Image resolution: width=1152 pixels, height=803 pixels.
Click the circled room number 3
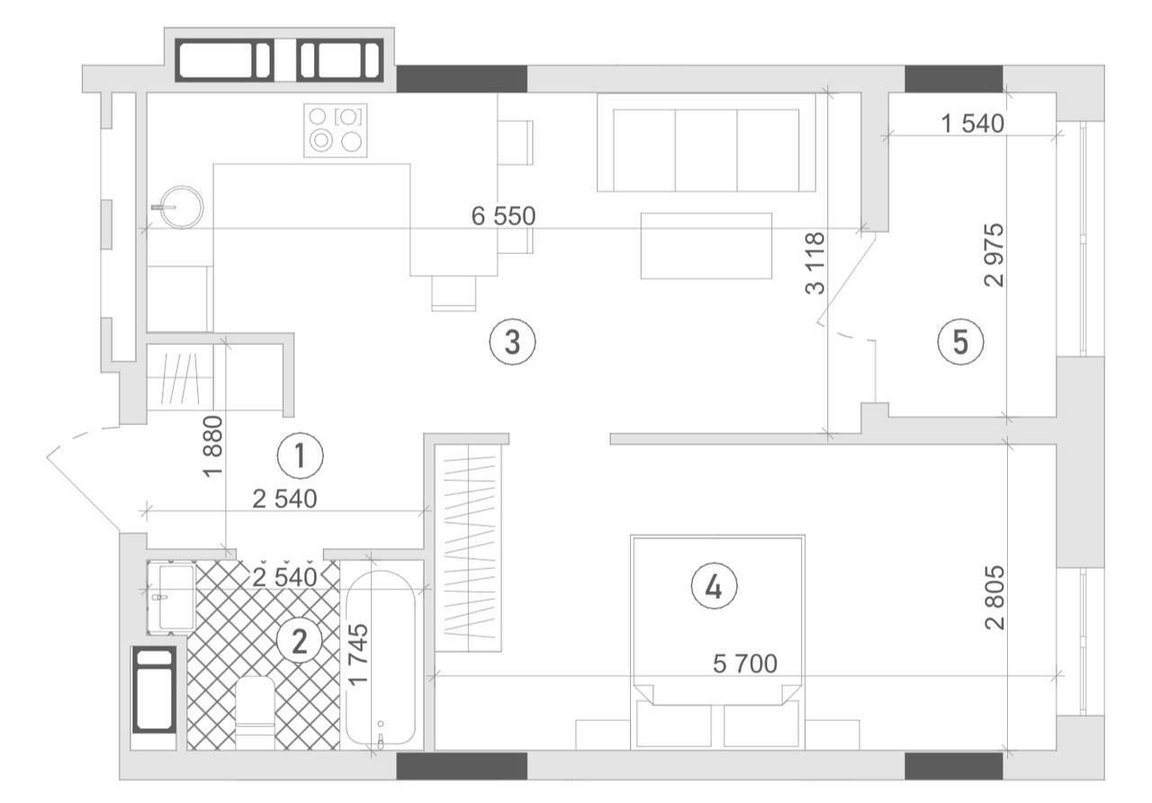click(512, 342)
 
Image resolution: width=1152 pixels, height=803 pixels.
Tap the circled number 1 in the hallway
click(300, 456)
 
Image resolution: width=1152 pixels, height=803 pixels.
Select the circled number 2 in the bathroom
click(300, 641)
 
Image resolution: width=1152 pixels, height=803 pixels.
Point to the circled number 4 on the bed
click(714, 587)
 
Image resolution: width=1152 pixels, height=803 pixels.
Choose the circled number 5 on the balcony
click(960, 342)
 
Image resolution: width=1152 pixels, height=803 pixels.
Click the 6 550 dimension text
click(503, 217)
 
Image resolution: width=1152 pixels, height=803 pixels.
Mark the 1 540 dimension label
click(973, 124)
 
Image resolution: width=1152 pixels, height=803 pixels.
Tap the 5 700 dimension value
click(745, 664)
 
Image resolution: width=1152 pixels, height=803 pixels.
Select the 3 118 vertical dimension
click(815, 264)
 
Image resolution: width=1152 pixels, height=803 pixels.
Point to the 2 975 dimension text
click(994, 255)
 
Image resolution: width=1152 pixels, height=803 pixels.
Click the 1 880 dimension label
click(213, 446)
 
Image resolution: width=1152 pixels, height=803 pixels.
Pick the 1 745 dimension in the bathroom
click(358, 654)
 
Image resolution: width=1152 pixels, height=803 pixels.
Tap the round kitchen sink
click(181, 207)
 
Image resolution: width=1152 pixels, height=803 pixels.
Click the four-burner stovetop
click(336, 131)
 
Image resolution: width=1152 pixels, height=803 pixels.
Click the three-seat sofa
click(706, 142)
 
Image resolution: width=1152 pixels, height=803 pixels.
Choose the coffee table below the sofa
click(706, 246)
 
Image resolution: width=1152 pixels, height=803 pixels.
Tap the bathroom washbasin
click(171, 597)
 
